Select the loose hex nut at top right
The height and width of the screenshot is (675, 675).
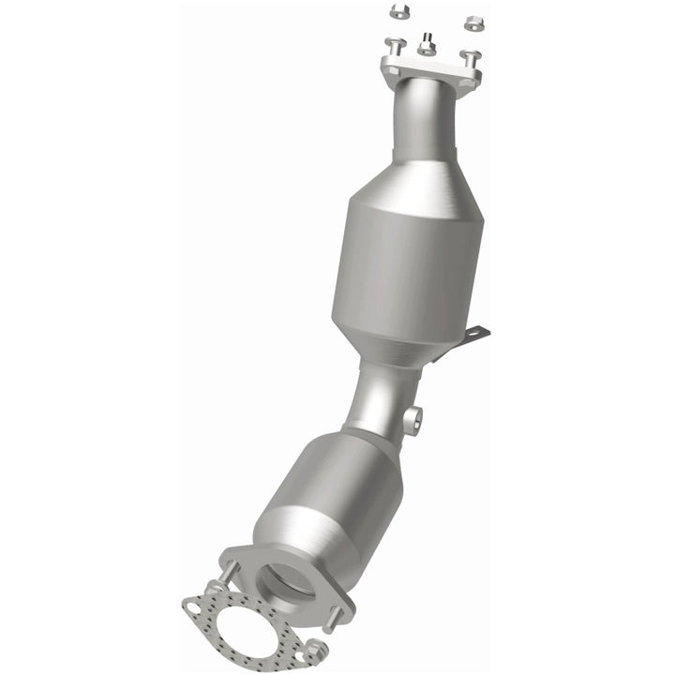click(x=473, y=19)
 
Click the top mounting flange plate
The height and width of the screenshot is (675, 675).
click(x=430, y=69)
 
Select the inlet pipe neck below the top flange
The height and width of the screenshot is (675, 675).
click(x=423, y=122)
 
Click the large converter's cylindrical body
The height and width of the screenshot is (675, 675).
click(x=405, y=272)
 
